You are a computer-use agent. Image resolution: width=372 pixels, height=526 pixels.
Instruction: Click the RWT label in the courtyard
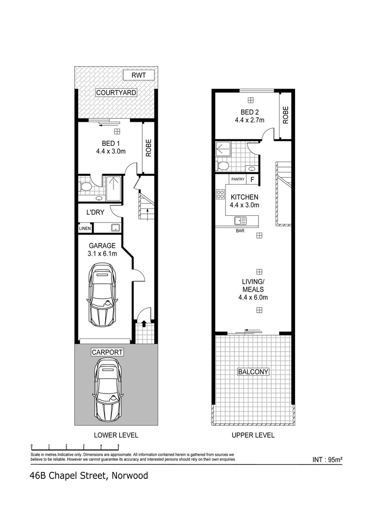tap(138, 75)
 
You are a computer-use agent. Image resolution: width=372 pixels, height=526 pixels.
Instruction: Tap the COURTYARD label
tap(116, 93)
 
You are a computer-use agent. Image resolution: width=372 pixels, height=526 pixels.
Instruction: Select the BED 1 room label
tap(111, 143)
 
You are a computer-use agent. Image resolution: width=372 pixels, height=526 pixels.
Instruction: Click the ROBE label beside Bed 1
tap(149, 148)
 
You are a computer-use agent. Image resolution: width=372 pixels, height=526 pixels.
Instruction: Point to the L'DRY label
tap(94, 213)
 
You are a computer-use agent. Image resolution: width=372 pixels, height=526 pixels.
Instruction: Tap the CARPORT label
tap(107, 352)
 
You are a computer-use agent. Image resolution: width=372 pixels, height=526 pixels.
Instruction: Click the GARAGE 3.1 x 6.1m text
tap(102, 249)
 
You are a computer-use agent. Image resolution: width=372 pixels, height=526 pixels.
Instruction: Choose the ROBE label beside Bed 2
tap(286, 114)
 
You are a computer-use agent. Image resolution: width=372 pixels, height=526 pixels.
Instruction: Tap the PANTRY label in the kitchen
tap(238, 179)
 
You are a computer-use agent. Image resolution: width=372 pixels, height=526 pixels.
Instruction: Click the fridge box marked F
tap(252, 179)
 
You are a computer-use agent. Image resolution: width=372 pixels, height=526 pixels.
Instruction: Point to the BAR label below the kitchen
tap(240, 231)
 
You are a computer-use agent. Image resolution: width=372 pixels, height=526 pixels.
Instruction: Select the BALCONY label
tap(253, 372)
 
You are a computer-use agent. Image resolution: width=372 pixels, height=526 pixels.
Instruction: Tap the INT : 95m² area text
tap(327, 459)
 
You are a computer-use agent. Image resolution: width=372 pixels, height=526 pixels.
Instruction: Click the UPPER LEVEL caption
tap(253, 435)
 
